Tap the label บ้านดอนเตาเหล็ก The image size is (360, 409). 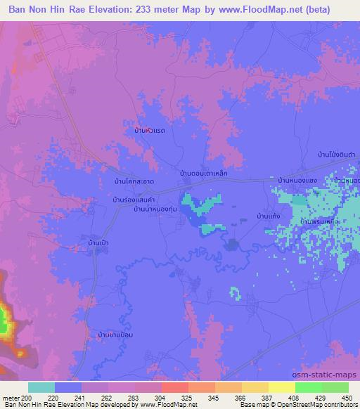coord(203,171)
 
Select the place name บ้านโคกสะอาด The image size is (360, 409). coord(129,181)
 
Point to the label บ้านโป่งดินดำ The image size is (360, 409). coord(334,153)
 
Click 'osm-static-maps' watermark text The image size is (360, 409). coord(330,374)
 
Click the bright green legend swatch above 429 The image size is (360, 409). coord(307,387)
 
